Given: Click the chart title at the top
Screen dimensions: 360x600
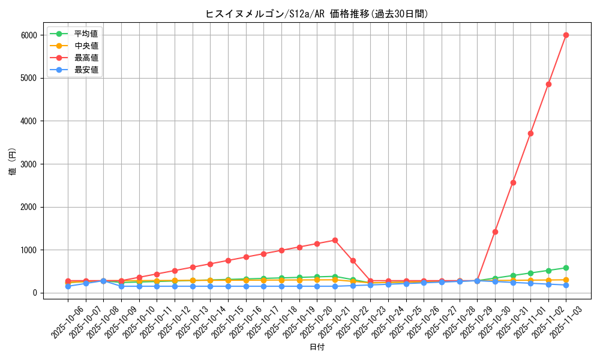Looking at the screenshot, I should pyautogui.click(x=317, y=14).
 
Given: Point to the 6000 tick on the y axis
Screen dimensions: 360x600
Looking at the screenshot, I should pyautogui.click(x=28, y=35).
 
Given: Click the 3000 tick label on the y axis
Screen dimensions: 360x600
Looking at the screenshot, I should pyautogui.click(x=28, y=164).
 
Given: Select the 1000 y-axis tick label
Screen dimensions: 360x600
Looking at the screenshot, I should pyautogui.click(x=28, y=250).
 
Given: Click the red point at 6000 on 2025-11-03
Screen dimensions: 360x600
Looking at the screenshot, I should pyautogui.click(x=566, y=35).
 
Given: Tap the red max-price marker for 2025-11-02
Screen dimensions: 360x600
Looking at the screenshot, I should pyautogui.click(x=548, y=84).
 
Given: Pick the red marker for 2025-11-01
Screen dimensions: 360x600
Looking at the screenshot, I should pyautogui.click(x=530, y=133).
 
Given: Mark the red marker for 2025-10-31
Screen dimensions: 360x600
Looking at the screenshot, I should pyautogui.click(x=513, y=182).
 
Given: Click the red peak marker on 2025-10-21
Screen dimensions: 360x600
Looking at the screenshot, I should pyautogui.click(x=335, y=240).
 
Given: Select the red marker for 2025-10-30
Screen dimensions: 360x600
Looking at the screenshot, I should pyautogui.click(x=495, y=232).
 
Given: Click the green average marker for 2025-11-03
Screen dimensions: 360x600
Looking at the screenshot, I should pyautogui.click(x=566, y=268).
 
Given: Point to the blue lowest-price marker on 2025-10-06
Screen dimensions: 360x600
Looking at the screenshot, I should pyautogui.click(x=68, y=286).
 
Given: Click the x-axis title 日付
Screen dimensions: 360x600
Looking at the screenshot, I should pyautogui.click(x=317, y=347).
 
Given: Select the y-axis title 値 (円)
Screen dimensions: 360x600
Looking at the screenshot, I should pyautogui.click(x=13, y=162).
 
